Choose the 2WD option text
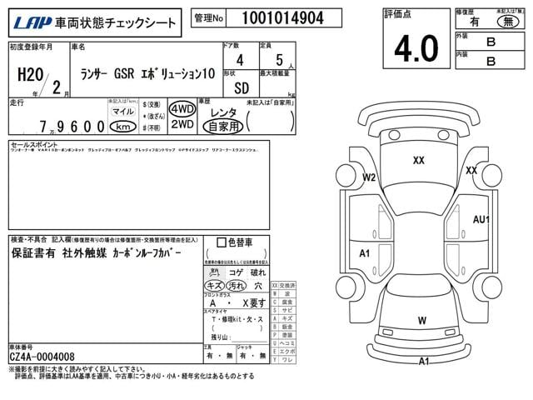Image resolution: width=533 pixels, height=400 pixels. click(x=182, y=125)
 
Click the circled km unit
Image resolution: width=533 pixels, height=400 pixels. click(x=123, y=127)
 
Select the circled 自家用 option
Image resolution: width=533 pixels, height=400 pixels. click(x=222, y=127)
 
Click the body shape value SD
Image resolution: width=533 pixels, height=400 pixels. click(x=242, y=87)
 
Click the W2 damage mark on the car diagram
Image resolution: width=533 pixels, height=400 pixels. click(x=369, y=177)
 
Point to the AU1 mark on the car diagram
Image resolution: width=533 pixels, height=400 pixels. click(x=481, y=219)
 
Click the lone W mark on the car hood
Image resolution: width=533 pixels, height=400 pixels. click(x=422, y=320)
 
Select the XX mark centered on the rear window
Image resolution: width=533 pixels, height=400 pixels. click(x=419, y=160)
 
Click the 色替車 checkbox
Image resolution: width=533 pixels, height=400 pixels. click(x=220, y=243)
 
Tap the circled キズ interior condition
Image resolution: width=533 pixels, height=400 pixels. click(x=214, y=285)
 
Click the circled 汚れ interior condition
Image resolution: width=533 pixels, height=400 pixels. click(x=237, y=285)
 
